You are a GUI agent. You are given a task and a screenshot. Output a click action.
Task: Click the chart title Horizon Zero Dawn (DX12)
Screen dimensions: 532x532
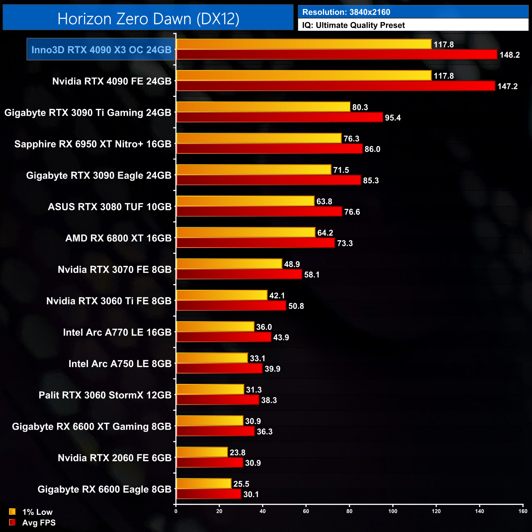point(148,19)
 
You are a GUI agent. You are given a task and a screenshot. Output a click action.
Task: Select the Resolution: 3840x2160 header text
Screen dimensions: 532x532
point(346,12)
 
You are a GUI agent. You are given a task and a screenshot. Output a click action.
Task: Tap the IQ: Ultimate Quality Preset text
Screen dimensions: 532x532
point(354,25)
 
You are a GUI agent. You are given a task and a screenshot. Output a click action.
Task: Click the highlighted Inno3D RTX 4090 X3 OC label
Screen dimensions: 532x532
point(101,50)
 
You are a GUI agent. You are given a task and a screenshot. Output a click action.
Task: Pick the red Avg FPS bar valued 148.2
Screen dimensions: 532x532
point(336,55)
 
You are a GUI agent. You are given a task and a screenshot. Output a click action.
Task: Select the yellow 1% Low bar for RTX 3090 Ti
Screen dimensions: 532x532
point(263,107)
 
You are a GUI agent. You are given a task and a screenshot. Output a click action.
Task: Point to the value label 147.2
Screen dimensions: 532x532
point(507,86)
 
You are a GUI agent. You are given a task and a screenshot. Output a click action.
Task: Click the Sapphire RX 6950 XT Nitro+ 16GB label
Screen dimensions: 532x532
point(93,144)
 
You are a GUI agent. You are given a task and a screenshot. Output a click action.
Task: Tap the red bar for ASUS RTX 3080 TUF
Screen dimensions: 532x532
point(259,212)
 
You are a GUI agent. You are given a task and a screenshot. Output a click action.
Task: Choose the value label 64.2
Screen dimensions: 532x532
point(325,233)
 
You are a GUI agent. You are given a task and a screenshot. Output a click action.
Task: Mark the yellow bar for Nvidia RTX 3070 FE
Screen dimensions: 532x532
point(229,264)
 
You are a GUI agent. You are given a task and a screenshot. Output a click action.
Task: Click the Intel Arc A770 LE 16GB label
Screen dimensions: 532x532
point(117,332)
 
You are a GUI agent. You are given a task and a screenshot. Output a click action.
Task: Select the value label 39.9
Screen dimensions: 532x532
point(273,369)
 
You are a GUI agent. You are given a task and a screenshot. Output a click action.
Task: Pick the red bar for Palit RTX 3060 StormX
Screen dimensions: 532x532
point(218,400)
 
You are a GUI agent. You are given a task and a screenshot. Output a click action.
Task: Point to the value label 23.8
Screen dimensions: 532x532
point(237,453)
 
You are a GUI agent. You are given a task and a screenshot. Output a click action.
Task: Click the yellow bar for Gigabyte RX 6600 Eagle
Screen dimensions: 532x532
point(204,484)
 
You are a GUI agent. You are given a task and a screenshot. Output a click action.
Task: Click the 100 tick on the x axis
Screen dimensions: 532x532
point(393,511)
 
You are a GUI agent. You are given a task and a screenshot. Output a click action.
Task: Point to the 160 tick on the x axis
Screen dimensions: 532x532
point(523,511)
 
